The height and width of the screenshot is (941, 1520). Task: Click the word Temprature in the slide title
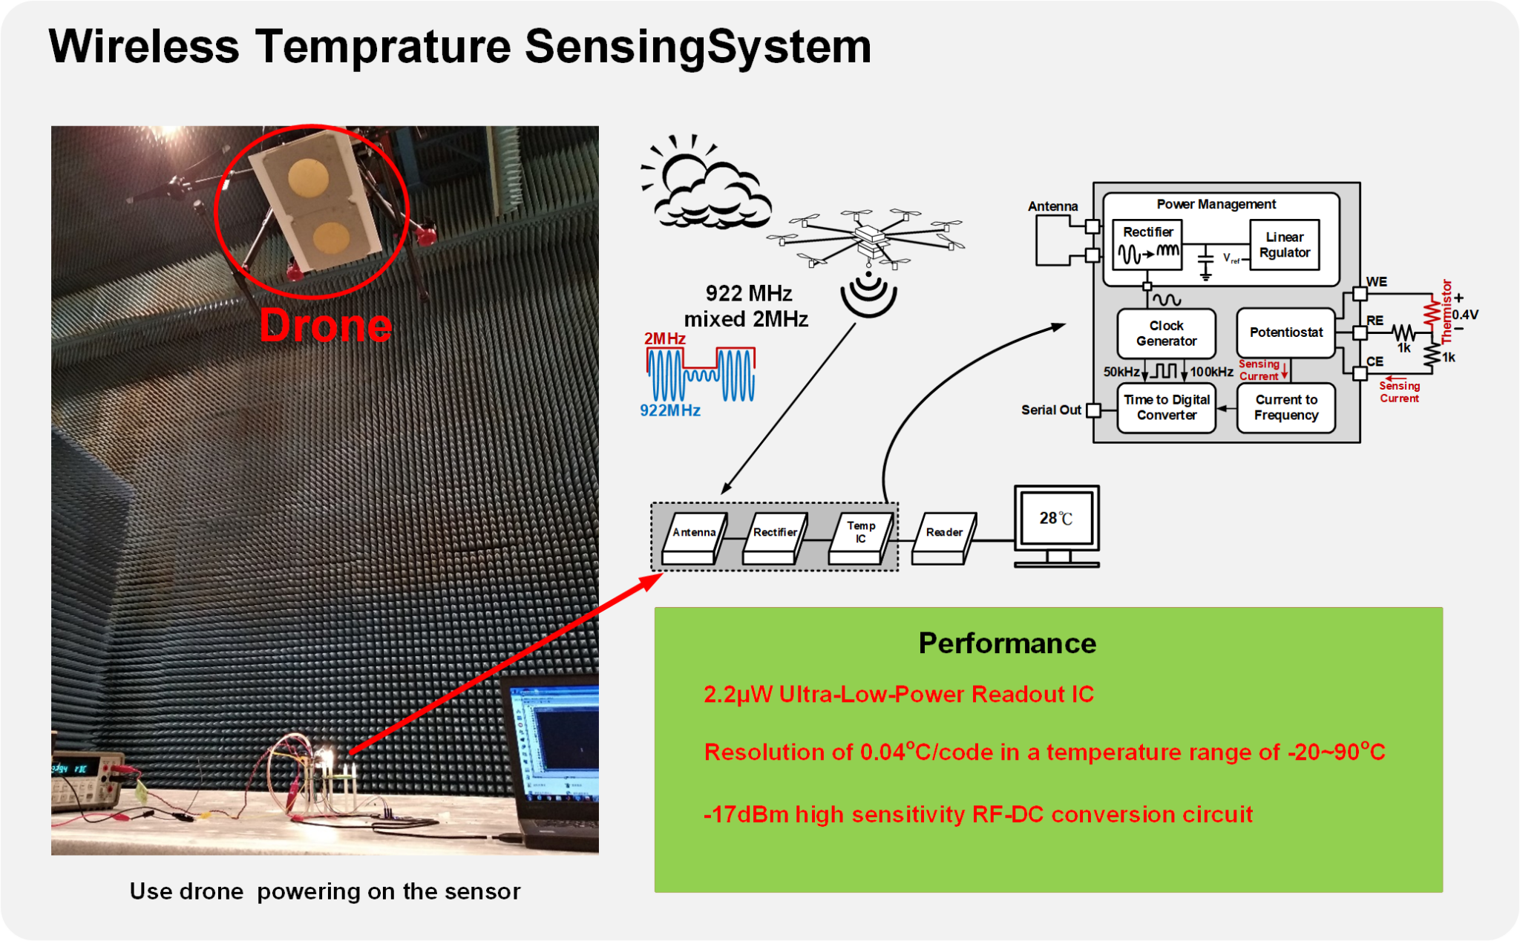383,47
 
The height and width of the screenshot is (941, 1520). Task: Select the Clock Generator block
1166,333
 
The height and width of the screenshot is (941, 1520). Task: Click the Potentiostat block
1285,332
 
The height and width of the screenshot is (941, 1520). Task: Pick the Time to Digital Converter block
1166,407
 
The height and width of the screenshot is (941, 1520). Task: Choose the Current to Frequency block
1285,407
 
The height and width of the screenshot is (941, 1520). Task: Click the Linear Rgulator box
1284,245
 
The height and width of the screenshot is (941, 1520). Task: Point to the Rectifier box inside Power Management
1147,244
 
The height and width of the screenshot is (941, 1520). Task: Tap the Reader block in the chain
943,535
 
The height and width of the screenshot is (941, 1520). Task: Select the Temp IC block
859,535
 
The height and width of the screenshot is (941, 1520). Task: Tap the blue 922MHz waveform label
669,410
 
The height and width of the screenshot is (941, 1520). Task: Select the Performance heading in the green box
1006,643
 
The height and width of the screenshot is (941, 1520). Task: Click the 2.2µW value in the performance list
738,695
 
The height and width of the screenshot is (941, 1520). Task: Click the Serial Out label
1050,410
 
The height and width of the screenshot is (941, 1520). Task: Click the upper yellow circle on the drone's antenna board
308,175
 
